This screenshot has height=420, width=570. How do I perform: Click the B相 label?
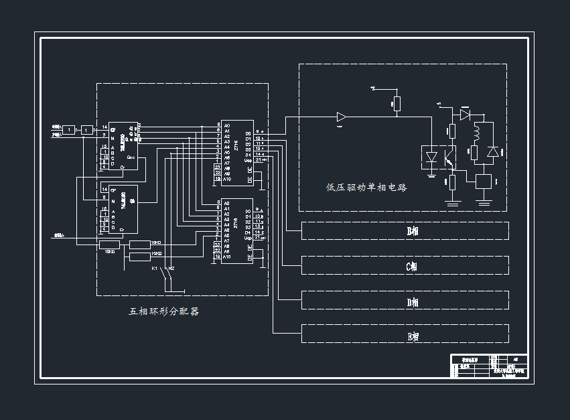[413, 231]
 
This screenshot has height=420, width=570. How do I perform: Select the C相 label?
[413, 266]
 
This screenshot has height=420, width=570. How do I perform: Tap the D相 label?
[413, 302]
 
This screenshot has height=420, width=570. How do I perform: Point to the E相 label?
[413, 336]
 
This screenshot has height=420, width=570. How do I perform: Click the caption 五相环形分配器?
[164, 311]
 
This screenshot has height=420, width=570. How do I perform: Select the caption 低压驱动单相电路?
[366, 188]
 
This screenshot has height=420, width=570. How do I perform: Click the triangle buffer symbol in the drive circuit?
[342, 117]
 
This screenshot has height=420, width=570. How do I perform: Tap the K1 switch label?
[155, 269]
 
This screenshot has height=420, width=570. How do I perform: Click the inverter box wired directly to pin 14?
[87, 130]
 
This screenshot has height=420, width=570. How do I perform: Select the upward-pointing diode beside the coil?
[493, 153]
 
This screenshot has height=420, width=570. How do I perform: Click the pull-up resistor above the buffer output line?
[397, 103]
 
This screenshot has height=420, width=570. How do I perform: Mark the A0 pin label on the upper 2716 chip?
[227, 125]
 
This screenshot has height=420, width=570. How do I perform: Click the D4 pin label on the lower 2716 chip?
[248, 232]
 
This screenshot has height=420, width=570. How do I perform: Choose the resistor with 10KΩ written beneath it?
[109, 243]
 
